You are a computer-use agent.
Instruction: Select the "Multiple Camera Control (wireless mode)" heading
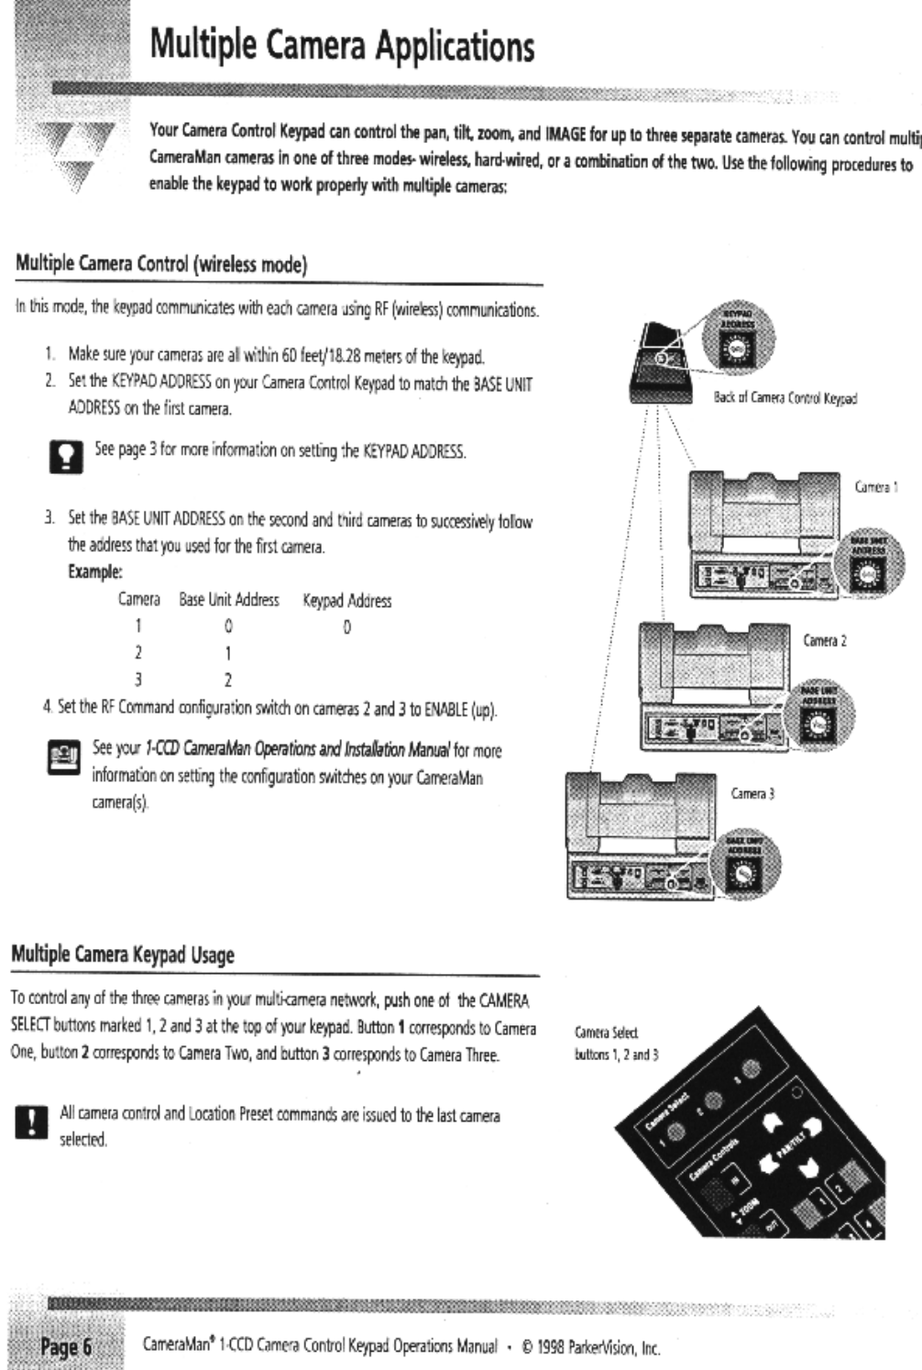(x=160, y=265)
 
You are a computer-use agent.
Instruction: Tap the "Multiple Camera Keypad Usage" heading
(x=123, y=955)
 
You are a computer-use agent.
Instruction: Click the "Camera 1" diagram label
(x=875, y=489)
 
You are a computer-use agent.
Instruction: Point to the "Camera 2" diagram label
(x=824, y=641)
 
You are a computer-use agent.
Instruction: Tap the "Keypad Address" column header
(x=346, y=602)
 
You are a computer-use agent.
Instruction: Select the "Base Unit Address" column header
(x=228, y=601)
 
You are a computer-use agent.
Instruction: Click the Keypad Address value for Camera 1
(x=346, y=628)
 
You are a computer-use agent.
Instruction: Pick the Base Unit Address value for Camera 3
(x=228, y=680)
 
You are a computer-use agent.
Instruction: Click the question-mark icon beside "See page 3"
(x=66, y=456)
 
